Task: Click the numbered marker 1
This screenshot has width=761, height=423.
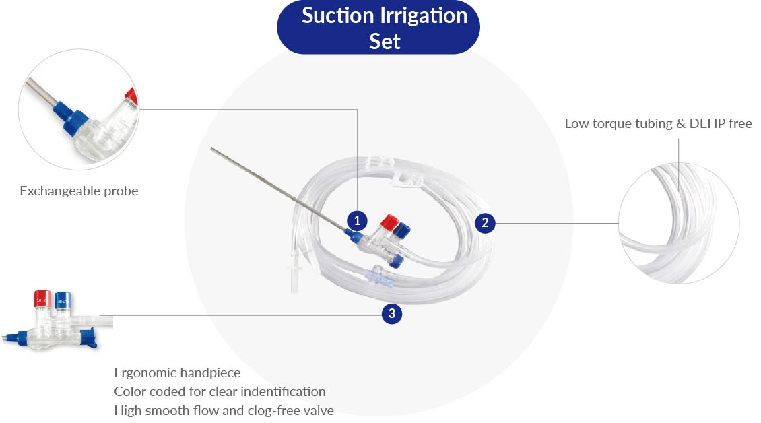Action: pyautogui.click(x=357, y=220)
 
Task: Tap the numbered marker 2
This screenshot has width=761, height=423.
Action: pyautogui.click(x=485, y=223)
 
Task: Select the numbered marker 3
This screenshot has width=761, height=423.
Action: pyautogui.click(x=392, y=314)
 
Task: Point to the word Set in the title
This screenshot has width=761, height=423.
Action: pyautogui.click(x=385, y=42)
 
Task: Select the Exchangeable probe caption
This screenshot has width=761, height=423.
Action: pyautogui.click(x=79, y=191)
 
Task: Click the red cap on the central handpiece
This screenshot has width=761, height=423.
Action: pyautogui.click(x=389, y=222)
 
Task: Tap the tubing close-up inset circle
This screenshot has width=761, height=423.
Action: pyautogui.click(x=678, y=225)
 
